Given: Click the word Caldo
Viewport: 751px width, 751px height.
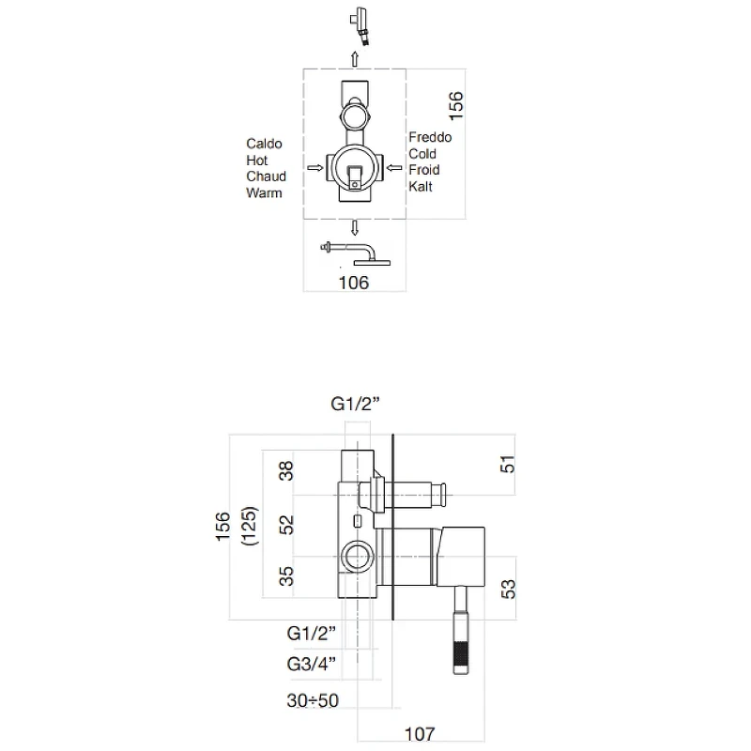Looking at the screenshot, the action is (264, 144).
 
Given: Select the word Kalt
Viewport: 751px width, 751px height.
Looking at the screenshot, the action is (420, 186).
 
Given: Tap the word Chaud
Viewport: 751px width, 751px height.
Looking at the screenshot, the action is (266, 176).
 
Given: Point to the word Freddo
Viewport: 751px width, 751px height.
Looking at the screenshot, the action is (430, 137).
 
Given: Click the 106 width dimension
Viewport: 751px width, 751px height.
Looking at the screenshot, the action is (354, 283).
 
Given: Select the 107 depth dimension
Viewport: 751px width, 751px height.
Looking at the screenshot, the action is (420, 734).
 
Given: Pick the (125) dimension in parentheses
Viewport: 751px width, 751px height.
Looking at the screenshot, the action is (250, 526).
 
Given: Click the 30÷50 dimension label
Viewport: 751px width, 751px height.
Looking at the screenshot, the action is (313, 700).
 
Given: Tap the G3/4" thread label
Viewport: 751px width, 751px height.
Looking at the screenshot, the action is (312, 664).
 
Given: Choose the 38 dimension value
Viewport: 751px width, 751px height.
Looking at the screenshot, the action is (286, 471).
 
